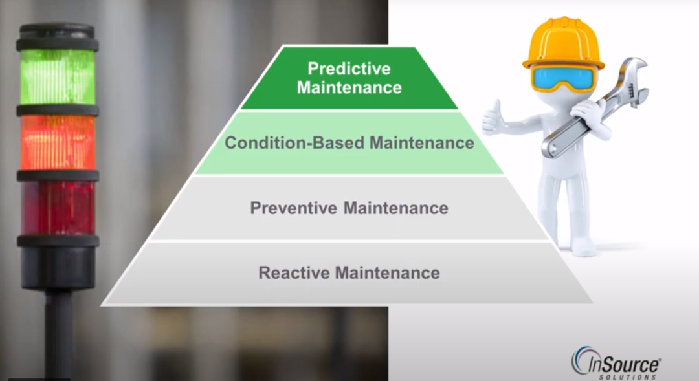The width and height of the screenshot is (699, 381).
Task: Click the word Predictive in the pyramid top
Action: [x=349, y=69]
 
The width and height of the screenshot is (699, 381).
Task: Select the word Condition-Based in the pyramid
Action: [x=294, y=143]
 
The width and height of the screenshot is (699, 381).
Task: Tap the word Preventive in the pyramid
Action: [x=293, y=208]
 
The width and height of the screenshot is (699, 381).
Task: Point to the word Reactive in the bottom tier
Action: [x=294, y=273]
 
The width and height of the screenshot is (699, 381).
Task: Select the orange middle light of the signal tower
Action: [x=58, y=142]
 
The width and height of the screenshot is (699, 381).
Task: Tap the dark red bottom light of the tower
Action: [x=58, y=208]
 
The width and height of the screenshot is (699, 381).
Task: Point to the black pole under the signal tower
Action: [x=58, y=335]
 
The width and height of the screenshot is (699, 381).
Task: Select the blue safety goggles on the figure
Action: [x=562, y=78]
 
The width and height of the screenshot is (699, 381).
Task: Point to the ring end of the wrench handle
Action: [x=551, y=147]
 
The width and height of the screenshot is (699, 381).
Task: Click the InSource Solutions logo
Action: [x=616, y=363]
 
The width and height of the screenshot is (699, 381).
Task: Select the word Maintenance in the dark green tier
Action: [x=349, y=87]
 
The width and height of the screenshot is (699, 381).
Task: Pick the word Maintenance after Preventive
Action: [x=396, y=208]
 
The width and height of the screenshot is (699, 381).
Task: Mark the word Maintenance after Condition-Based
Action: [x=422, y=143]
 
